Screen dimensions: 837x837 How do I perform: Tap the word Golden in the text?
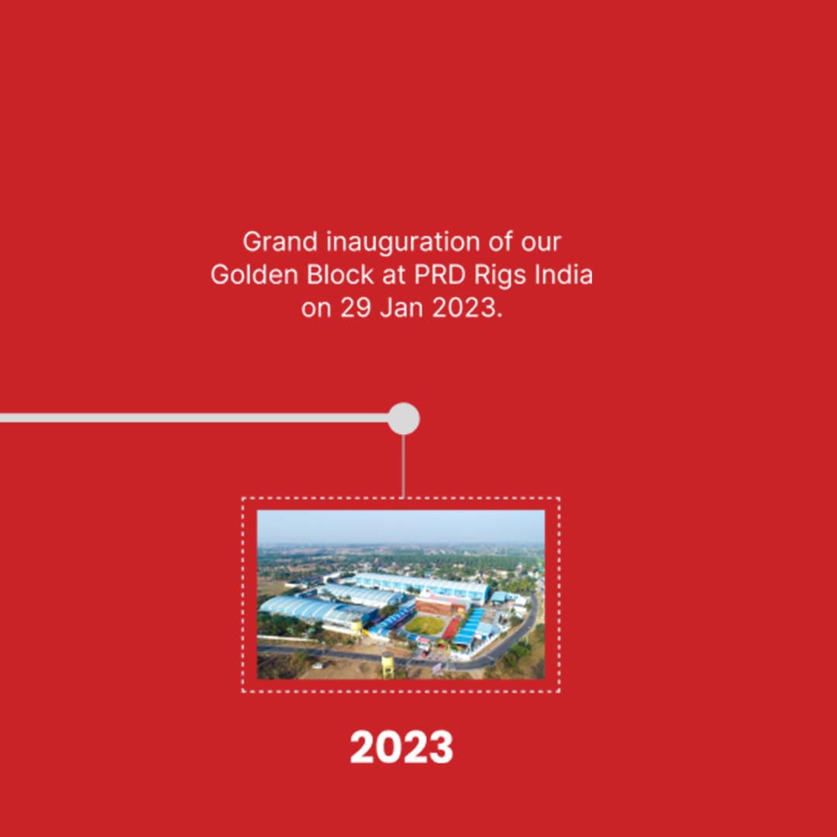pyautogui.click(x=254, y=275)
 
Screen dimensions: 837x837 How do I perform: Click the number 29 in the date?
pyautogui.click(x=356, y=308)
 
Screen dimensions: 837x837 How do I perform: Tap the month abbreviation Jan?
pyautogui.click(x=401, y=308)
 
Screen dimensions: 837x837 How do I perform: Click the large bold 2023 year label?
pyautogui.click(x=401, y=747)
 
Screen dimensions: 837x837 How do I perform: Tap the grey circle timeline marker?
pyautogui.click(x=404, y=418)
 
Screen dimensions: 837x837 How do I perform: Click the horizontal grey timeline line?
pyautogui.click(x=195, y=418)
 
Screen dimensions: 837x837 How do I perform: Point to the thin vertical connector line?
pyautogui.click(x=403, y=466)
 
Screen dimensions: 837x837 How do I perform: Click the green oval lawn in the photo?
pyautogui.click(x=425, y=625)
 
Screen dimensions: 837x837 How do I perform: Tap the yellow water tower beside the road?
pyautogui.click(x=388, y=665)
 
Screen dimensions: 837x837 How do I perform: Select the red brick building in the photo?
pyautogui.click(x=443, y=604)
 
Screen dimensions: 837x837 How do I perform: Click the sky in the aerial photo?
pyautogui.click(x=401, y=525)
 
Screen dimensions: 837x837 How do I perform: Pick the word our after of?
pyautogui.click(x=541, y=243)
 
